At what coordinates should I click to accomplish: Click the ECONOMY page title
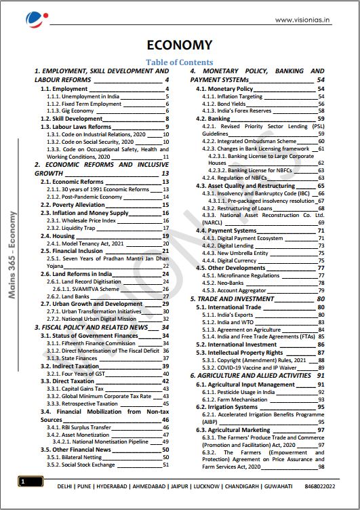click(x=180, y=45)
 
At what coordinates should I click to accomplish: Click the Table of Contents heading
click(x=180, y=62)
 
